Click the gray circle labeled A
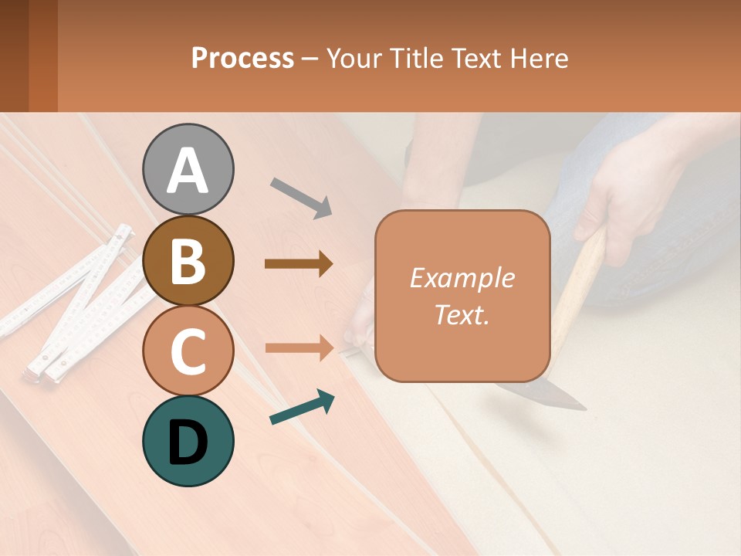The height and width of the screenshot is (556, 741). pyautogui.click(x=188, y=169)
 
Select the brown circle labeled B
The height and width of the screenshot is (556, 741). pyautogui.click(x=188, y=260)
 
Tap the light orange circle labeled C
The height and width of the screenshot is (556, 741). pyautogui.click(x=188, y=351)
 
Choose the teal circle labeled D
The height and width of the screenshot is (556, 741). pyautogui.click(x=188, y=441)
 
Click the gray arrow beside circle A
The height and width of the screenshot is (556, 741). pyautogui.click(x=301, y=198)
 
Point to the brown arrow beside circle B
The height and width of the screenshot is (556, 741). pyautogui.click(x=299, y=264)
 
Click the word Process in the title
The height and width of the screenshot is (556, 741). pyautogui.click(x=242, y=59)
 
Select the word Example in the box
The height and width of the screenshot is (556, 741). pyautogui.click(x=462, y=278)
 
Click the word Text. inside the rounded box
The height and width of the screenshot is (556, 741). pyautogui.click(x=462, y=315)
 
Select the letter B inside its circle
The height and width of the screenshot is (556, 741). pyautogui.click(x=188, y=260)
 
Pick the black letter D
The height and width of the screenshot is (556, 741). pyautogui.click(x=188, y=442)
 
